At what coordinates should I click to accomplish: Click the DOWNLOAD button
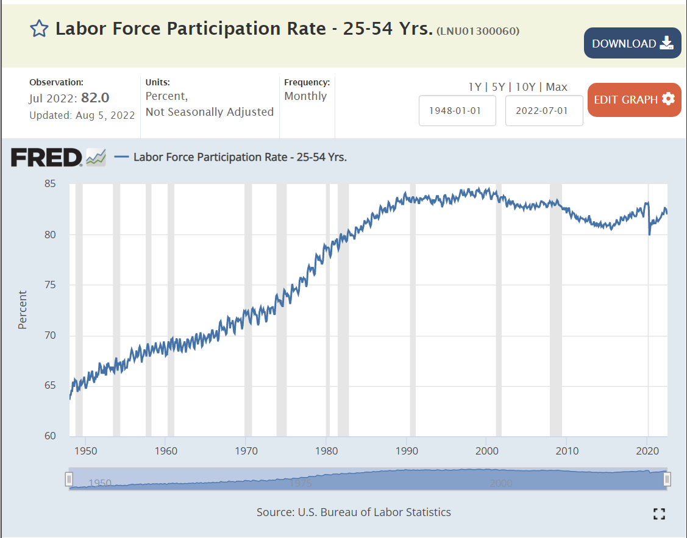point(632,43)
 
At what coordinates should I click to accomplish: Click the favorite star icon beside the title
point(39,29)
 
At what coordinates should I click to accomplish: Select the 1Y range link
point(474,87)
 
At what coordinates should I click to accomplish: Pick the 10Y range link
point(525,87)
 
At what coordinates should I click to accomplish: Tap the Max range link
point(557,87)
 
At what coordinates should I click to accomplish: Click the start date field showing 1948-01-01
point(457,111)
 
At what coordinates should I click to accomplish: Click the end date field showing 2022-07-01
point(544,111)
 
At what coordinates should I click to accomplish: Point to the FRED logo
point(46,158)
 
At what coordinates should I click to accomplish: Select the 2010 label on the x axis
point(567,451)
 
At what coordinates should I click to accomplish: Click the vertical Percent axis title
point(23,310)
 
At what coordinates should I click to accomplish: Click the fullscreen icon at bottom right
point(659,514)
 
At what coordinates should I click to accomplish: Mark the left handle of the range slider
point(69,480)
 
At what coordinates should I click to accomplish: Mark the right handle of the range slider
point(667,480)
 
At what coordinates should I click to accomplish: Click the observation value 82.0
point(99,98)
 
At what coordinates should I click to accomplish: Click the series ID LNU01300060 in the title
point(478,31)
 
